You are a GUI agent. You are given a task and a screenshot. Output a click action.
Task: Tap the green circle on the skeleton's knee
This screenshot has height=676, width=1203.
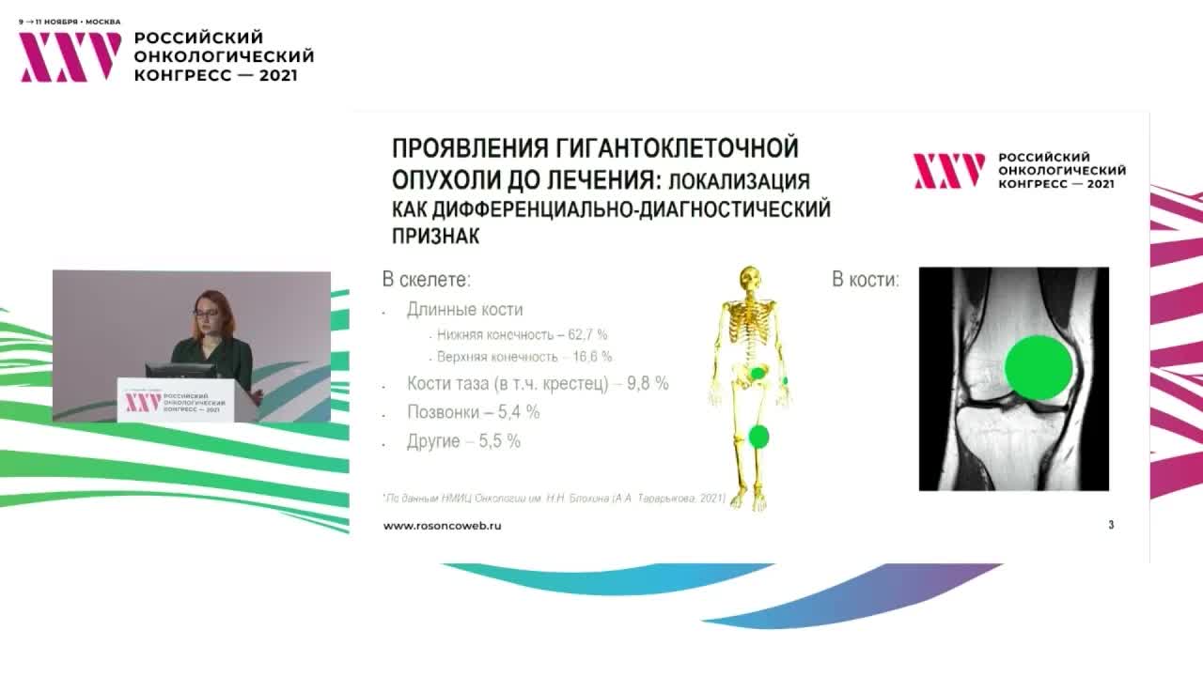pos(758,436)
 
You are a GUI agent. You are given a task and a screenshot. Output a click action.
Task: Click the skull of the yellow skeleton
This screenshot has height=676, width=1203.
pos(749,279)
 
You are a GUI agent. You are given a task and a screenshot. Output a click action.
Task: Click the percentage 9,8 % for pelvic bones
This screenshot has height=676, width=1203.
pos(648,384)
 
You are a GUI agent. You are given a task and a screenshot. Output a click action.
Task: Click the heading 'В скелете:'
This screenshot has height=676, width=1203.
pos(426,280)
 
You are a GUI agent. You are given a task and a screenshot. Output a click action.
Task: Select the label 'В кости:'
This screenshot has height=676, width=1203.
pos(865,280)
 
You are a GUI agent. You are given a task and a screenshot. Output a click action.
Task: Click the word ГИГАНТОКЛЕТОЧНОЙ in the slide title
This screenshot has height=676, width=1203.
pos(678,148)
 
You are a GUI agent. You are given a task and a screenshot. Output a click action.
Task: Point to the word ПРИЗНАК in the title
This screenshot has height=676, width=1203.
pos(436,237)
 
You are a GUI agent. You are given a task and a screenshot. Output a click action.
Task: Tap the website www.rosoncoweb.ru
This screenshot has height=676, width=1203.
pos(442,526)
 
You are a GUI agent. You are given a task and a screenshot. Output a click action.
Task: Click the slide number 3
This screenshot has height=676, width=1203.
pos(1111,525)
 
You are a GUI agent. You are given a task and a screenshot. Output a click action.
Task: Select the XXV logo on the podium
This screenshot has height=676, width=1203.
pos(144,402)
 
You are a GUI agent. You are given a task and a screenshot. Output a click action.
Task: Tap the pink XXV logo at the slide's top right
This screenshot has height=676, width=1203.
pos(949,171)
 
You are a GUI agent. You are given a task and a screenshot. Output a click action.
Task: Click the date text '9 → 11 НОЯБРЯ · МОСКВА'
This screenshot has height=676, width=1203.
pos(70,21)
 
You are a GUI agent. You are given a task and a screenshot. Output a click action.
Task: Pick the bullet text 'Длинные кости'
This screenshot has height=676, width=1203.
pos(464,310)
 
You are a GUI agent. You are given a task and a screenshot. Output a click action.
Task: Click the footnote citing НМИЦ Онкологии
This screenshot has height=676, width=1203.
pos(555,498)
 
